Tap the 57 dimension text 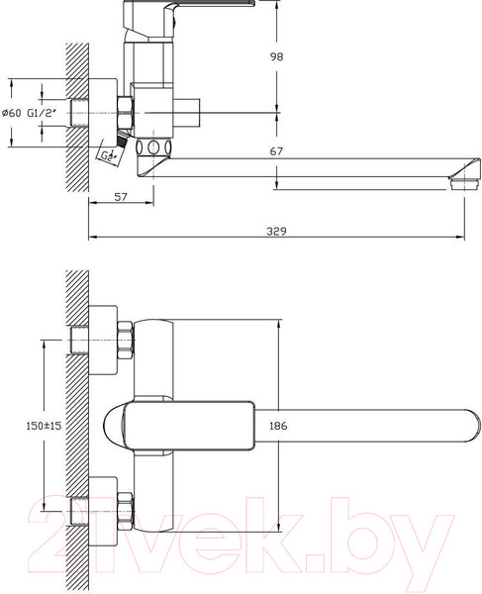coord(121,198)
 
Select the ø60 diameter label coord(11,114)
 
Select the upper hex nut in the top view coord(124,341)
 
